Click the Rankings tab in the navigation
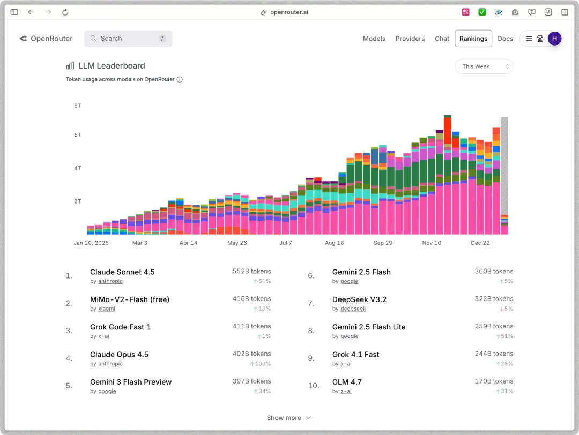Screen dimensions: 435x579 473,39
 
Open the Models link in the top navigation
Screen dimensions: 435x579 374,39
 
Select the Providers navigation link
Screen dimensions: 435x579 410,39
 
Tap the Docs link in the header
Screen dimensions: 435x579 506,39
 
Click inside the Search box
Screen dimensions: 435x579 128,39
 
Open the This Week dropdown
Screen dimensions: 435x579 484,66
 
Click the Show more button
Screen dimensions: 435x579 289,418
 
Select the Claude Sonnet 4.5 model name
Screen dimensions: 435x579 122,272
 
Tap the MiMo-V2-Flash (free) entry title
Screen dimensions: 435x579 130,299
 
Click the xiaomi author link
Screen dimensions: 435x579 107,309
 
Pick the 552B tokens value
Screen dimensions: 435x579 251,271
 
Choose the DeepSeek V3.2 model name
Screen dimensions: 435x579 359,299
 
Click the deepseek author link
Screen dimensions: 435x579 353,309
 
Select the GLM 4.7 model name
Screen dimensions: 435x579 347,382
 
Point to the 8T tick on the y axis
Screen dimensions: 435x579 78,106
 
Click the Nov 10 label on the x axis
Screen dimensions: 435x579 432,243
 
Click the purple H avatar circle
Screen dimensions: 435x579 555,39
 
